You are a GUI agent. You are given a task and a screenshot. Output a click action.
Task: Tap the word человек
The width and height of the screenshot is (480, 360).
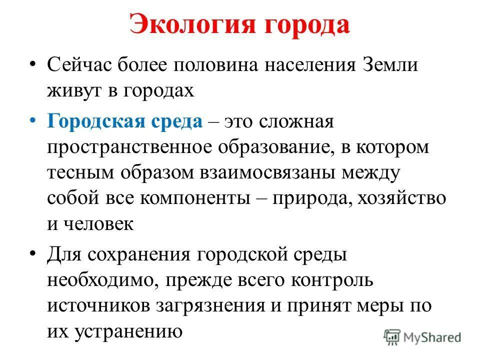(98, 223)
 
